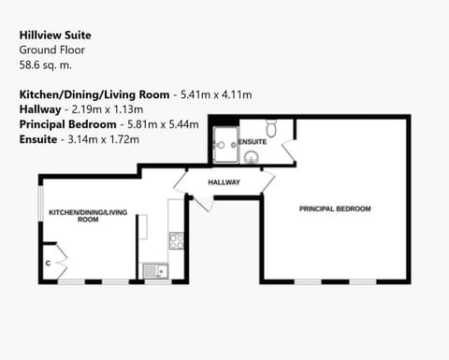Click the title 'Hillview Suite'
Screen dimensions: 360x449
[55, 35]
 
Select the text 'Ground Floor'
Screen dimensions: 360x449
[48, 50]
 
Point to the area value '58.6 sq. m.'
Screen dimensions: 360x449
[45, 65]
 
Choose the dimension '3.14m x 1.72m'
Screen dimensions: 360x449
[102, 139]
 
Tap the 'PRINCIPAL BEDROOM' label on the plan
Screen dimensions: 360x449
[335, 208]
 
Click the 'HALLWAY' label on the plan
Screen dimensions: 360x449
[224, 182]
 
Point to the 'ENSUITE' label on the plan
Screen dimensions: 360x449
[252, 141]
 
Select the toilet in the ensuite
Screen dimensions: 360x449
[271, 125]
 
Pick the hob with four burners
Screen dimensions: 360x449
[175, 240]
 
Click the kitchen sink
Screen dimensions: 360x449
[155, 271]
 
